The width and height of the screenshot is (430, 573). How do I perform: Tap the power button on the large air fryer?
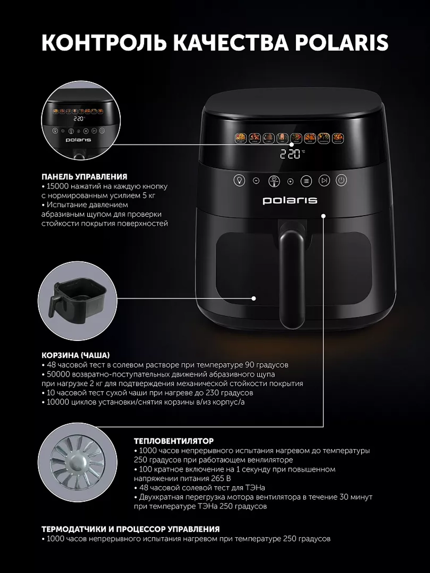341,181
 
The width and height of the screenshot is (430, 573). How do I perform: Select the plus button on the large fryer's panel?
290,181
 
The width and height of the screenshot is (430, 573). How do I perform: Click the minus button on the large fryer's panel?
256,181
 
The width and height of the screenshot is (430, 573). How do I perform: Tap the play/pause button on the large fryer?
324,181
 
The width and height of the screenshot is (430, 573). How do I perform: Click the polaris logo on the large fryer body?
290,200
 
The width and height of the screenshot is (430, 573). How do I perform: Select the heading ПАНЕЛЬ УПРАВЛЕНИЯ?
84,177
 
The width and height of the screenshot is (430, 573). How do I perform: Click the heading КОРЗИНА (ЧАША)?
76,355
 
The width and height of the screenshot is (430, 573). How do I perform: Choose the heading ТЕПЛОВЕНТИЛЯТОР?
174,441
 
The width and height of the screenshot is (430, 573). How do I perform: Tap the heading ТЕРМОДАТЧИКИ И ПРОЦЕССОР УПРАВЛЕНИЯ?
130,529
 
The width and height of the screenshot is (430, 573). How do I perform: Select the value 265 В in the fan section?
221,478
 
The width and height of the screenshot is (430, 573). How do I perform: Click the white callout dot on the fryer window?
254,298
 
